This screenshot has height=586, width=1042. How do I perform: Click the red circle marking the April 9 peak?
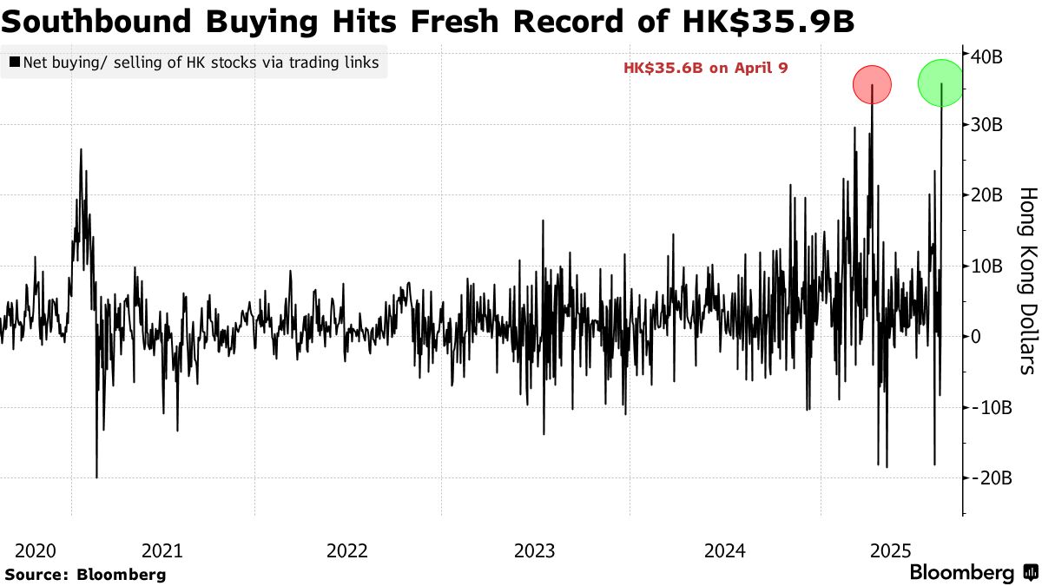click(x=872, y=85)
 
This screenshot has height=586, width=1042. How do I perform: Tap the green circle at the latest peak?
click(x=941, y=82)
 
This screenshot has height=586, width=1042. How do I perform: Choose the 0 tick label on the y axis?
click(x=977, y=336)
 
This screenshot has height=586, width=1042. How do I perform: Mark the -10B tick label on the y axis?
click(x=989, y=407)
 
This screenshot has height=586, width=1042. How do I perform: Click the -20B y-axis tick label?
click(x=989, y=477)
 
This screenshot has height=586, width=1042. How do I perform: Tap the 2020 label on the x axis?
click(x=36, y=550)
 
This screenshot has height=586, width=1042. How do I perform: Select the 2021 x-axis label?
click(x=162, y=550)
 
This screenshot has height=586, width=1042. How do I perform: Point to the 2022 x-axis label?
click(x=348, y=550)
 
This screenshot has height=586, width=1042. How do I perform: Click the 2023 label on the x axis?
click(x=535, y=550)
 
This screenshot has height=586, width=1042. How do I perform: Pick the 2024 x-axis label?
click(x=725, y=550)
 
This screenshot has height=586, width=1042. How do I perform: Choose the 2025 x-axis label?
click(x=890, y=550)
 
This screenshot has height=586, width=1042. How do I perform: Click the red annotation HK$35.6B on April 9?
click(x=705, y=68)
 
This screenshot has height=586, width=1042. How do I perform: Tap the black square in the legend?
click(x=14, y=63)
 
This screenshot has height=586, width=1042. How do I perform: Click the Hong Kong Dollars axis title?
click(x=1026, y=280)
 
